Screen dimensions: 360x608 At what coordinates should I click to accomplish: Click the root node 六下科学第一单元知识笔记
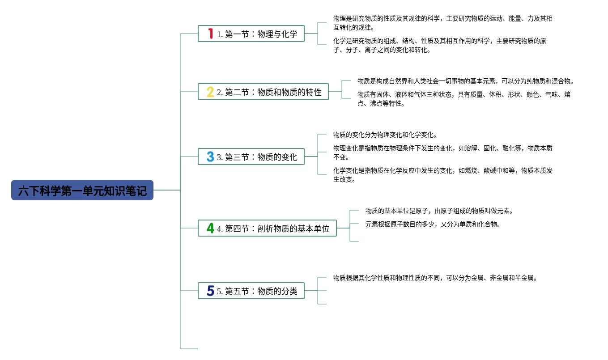(82, 191)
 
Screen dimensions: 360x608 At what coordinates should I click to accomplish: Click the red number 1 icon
(210, 34)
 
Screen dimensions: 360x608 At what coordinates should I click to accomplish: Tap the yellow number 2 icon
(210, 92)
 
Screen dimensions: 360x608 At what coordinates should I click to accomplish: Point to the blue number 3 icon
(210, 157)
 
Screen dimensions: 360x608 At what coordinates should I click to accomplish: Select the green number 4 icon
(210, 228)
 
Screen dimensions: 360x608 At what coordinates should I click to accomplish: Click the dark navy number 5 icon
(210, 291)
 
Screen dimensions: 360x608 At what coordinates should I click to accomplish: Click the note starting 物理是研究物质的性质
(442, 23)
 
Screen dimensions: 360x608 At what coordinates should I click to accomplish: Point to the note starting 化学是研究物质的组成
(439, 45)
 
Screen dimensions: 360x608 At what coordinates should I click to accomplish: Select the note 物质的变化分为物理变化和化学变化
(385, 135)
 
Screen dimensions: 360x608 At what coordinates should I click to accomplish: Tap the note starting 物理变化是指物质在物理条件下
(442, 152)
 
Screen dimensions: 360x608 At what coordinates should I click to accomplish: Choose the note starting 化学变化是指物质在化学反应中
(442, 175)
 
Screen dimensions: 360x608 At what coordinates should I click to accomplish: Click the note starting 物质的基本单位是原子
(439, 211)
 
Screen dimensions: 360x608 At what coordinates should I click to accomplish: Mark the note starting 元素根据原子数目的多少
(433, 224)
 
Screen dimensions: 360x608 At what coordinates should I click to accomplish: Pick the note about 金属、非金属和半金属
(435, 278)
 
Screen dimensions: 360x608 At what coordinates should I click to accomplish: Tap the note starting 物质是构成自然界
(465, 81)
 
